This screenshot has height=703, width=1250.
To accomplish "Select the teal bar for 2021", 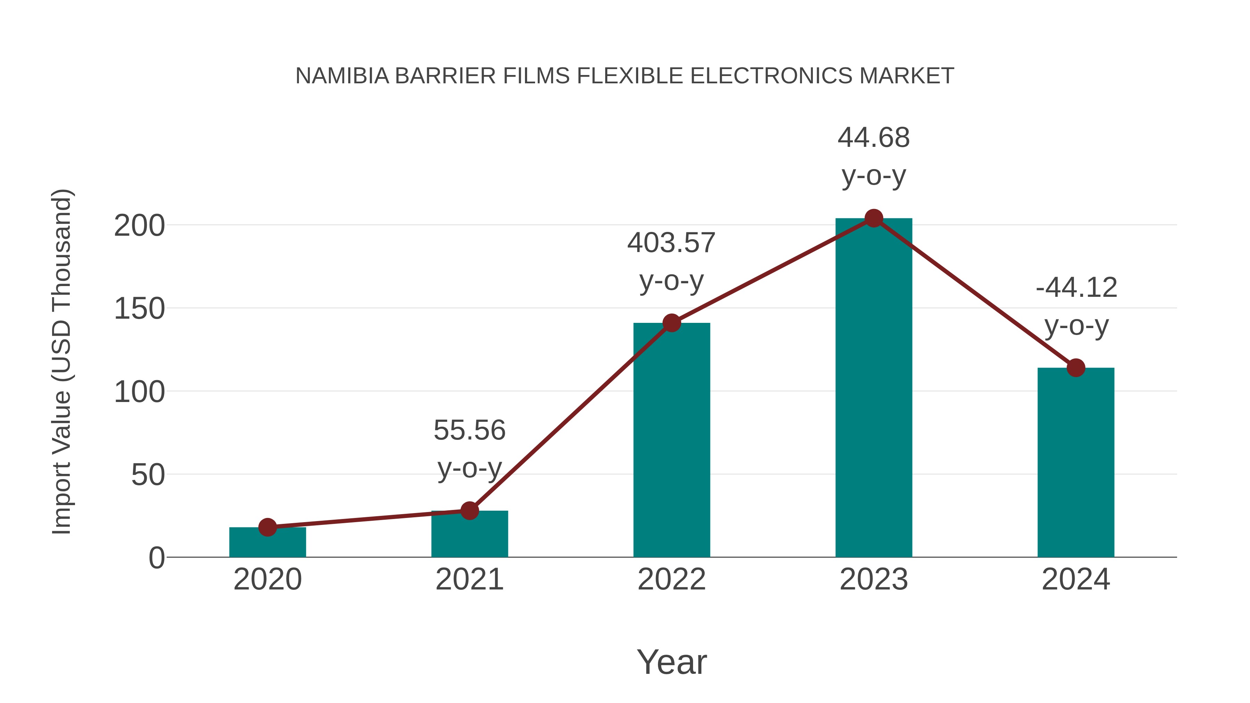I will (x=469, y=536).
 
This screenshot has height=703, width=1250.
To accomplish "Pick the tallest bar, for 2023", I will (x=874, y=388).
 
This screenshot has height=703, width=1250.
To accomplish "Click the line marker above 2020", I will (x=267, y=527).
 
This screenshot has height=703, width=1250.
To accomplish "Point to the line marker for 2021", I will (x=469, y=510).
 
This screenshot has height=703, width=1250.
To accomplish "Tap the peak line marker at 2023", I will (x=874, y=218).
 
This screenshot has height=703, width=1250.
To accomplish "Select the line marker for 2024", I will (x=1076, y=368).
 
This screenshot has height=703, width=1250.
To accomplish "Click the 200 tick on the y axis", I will (x=139, y=226).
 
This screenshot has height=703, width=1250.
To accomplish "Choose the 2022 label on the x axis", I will (x=672, y=579).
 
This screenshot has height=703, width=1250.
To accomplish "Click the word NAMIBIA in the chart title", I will (x=342, y=76).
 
